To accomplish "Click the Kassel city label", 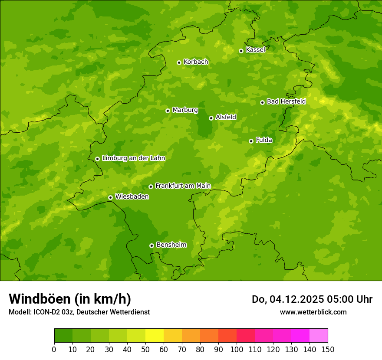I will [255, 50].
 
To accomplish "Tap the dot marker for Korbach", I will [179, 62].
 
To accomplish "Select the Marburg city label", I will [185, 110].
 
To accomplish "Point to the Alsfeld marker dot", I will [211, 118].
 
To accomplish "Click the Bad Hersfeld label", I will [286, 101].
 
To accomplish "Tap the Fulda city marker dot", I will [251, 141].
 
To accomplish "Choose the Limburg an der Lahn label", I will [133, 158].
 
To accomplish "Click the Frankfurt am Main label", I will [183, 186].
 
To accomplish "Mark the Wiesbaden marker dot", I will [110, 197].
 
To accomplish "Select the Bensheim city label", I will [171, 245].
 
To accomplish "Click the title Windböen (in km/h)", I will [70, 299].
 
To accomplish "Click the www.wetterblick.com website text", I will [313, 312].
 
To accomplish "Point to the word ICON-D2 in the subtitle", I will [46, 312].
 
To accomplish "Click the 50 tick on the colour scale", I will [145, 350].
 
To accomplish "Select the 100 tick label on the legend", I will [237, 350].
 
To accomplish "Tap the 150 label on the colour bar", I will [328, 350].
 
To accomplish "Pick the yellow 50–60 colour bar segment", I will [155, 336].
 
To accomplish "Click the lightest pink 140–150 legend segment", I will [319, 336].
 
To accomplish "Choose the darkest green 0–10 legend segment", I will [63, 336].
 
